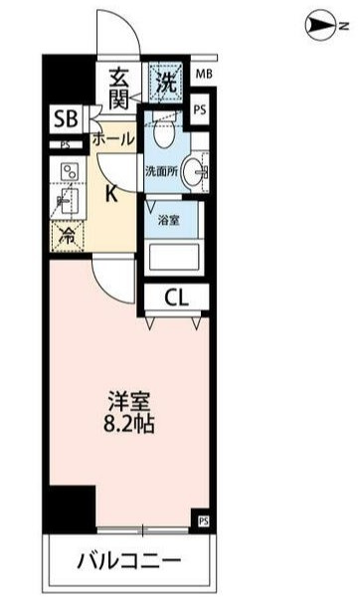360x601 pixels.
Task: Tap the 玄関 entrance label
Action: click(119, 90)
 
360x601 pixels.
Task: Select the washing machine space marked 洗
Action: click(167, 82)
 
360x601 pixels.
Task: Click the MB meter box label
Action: click(204, 74)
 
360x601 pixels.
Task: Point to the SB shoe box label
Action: click(66, 118)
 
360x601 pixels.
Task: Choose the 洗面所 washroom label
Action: click(162, 171)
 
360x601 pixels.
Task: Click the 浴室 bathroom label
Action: click(169, 220)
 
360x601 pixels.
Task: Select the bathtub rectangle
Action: click(174, 257)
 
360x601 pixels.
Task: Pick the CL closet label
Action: click(177, 298)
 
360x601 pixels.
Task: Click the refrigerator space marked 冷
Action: click(68, 237)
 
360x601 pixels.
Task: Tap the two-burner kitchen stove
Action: click(70, 172)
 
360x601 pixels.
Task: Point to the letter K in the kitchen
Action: click(111, 195)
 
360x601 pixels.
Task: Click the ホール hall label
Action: click(113, 138)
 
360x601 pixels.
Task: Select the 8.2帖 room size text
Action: click(128, 424)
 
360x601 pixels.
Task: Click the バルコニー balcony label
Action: click(128, 561)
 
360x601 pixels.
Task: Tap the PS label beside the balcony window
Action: click(204, 520)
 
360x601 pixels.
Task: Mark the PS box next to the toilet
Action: click(200, 110)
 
